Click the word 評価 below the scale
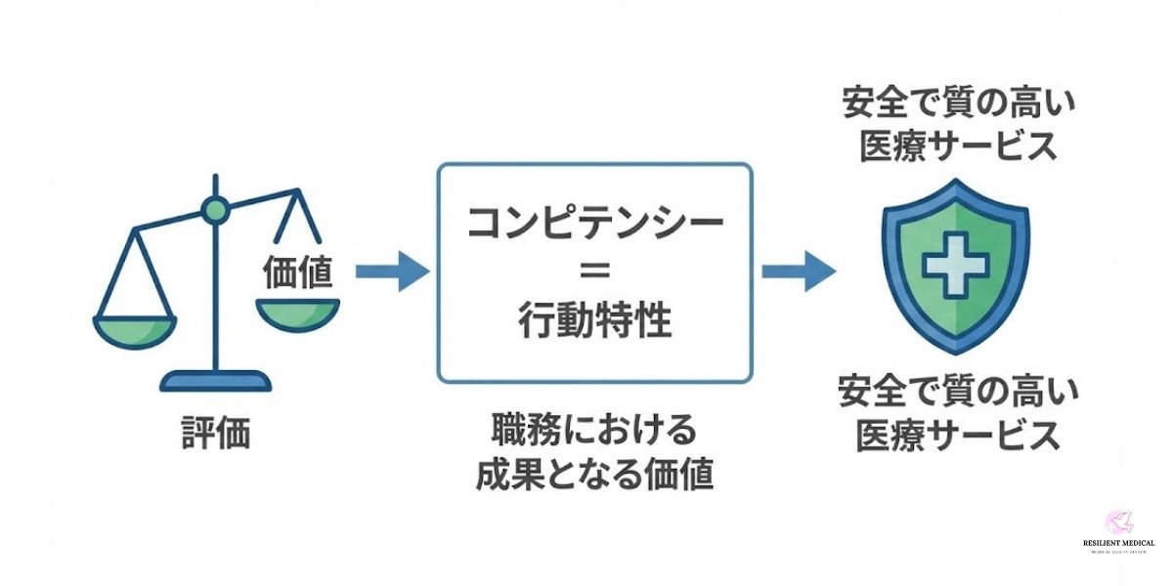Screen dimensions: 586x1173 (216, 433)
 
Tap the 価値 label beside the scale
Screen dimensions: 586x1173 (297, 273)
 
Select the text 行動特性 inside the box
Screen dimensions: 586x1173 (594, 320)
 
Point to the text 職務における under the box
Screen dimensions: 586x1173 (594, 431)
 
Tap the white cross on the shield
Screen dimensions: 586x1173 (956, 264)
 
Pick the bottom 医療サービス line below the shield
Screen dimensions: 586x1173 (958, 436)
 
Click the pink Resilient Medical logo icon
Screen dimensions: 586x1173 (1118, 523)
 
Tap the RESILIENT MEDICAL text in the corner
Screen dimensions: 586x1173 (1118, 543)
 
